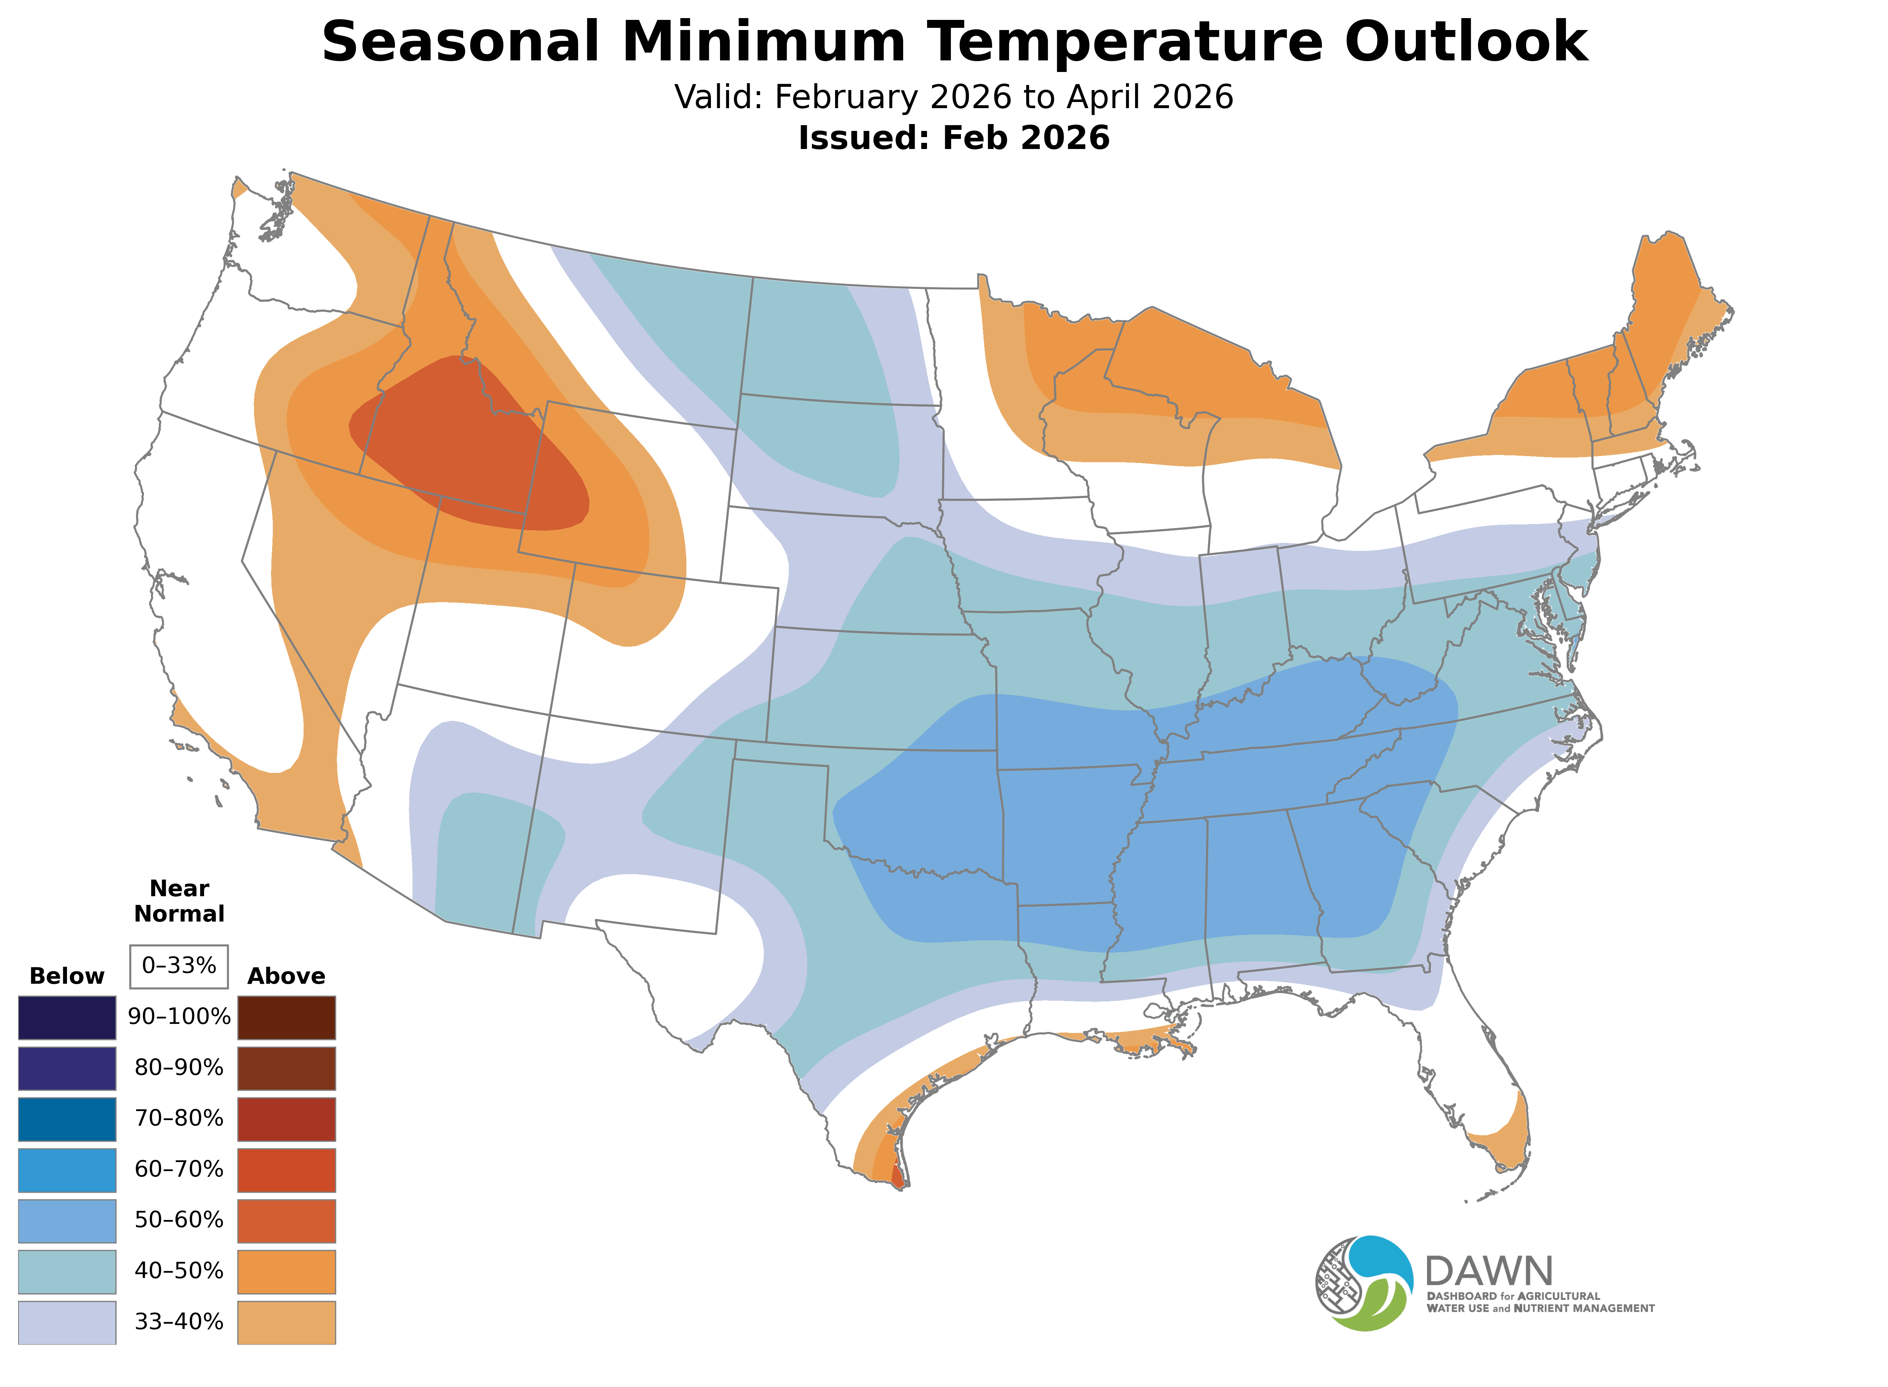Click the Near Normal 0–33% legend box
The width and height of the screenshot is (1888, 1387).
pos(179,966)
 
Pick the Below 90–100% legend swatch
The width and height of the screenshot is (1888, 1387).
pos(67,1018)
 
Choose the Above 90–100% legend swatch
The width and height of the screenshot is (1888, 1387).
pos(287,1018)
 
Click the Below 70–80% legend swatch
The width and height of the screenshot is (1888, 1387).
pos(67,1119)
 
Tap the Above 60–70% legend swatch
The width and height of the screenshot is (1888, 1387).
pos(287,1170)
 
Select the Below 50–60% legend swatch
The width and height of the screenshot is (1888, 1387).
pos(67,1221)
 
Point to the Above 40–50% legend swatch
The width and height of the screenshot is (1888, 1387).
pos(287,1272)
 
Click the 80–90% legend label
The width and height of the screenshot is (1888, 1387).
pos(179,1068)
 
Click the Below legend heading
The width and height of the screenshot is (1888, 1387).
pos(67,977)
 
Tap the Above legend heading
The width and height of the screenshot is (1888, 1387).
pos(287,977)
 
